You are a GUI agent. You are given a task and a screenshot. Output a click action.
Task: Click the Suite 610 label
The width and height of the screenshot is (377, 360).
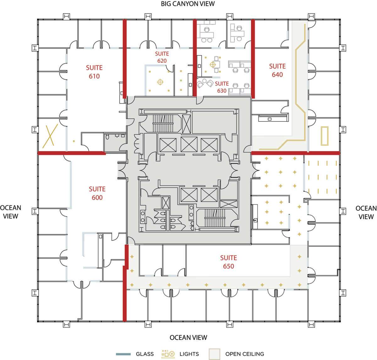94,72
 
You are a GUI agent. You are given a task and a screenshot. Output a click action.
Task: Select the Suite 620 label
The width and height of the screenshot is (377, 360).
162,57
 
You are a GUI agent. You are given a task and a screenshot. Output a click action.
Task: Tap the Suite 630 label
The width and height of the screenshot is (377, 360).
222,87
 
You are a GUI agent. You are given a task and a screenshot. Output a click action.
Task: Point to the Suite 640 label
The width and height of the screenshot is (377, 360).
277,70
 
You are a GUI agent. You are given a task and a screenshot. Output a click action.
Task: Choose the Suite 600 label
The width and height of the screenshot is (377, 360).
97,193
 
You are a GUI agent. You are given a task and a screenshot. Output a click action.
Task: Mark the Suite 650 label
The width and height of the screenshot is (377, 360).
228,262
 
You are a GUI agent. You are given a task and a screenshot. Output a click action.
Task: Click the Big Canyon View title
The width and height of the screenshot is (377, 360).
188,4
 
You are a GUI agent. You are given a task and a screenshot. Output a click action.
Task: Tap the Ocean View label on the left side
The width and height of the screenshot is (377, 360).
11,212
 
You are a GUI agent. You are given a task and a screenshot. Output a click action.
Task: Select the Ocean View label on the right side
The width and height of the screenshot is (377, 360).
366,213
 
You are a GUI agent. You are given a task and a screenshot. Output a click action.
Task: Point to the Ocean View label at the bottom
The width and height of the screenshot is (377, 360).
188,338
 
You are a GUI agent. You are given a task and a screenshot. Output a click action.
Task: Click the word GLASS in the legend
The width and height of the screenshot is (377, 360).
145,354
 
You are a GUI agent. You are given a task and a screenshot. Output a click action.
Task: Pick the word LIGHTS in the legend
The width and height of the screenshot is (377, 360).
189,354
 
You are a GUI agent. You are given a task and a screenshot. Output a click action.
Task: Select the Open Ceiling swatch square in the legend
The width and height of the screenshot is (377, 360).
215,354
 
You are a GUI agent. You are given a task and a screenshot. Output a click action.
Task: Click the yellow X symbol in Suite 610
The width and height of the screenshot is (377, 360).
50,136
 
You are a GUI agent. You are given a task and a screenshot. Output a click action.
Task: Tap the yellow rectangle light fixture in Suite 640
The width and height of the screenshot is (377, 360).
325,136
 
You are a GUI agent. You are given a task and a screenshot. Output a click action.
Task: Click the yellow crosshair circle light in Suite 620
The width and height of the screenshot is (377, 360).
160,82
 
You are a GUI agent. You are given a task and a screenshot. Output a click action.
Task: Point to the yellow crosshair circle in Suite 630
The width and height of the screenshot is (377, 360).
213,64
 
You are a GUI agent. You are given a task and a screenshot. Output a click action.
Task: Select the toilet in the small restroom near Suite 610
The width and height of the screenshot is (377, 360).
107,137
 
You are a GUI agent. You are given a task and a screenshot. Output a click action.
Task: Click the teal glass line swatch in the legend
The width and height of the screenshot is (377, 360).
123,354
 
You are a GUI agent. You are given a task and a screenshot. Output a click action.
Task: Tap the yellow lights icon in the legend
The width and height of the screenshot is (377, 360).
168,354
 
